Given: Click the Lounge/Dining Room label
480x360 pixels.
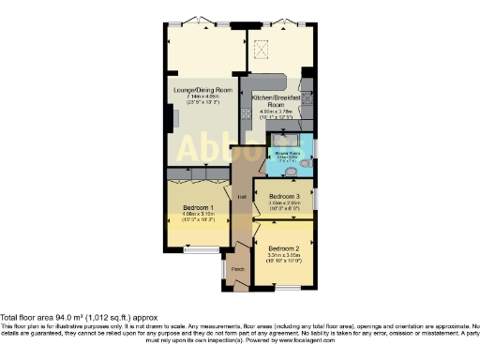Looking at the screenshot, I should (197, 88).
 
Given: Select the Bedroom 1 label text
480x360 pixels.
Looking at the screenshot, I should (198, 206).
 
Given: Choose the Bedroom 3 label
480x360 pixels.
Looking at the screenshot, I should (284, 194).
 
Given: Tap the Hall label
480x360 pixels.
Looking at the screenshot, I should (241, 197).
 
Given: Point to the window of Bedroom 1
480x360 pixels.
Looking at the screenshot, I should (199, 250).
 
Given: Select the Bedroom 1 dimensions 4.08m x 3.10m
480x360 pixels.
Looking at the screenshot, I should (198, 215).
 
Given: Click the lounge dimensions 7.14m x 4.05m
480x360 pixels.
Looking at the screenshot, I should (197, 96).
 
